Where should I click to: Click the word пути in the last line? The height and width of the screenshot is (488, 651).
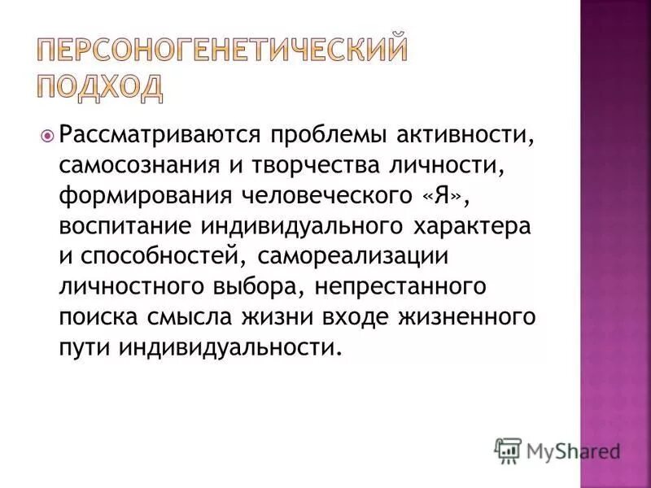coord(85,348)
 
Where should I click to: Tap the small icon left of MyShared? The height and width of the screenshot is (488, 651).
coord(508,450)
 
